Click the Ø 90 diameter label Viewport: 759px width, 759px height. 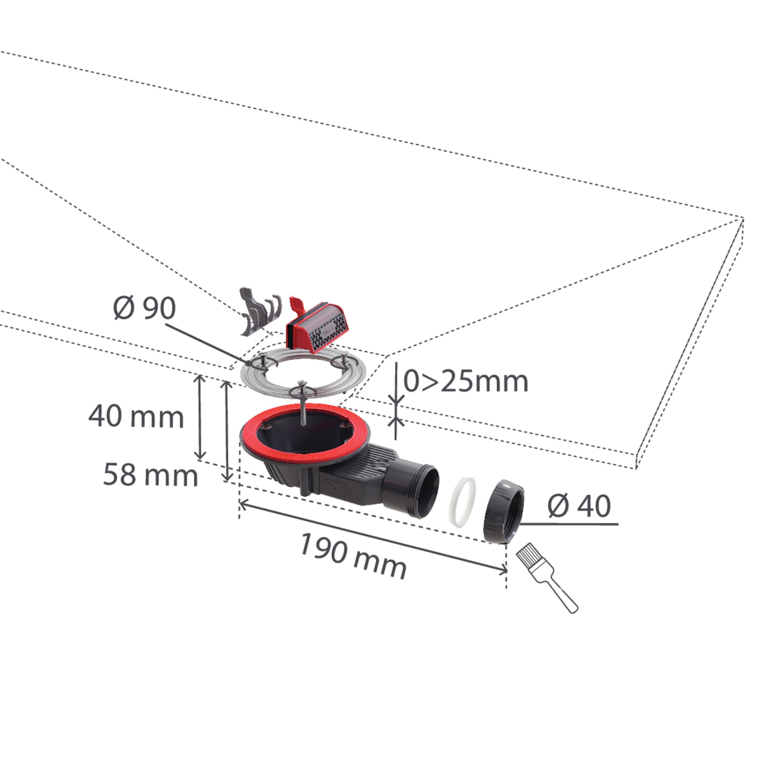coord(144,308)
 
